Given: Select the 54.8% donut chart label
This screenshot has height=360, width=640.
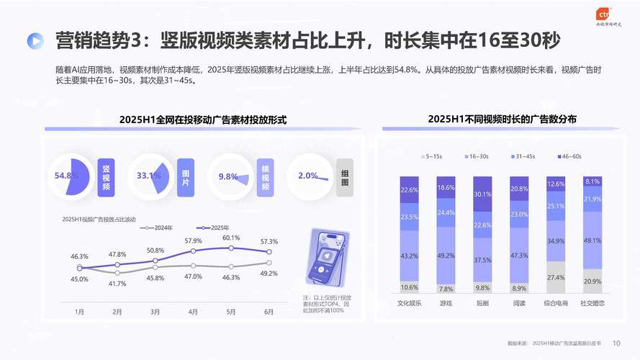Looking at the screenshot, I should click(66, 176).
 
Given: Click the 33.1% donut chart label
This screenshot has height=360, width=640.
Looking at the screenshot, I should click(148, 176).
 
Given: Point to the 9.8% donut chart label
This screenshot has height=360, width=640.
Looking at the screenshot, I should click(228, 176).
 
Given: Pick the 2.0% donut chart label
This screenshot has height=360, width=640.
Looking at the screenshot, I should click(307, 176).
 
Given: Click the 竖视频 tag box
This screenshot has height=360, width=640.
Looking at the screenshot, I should click(106, 177).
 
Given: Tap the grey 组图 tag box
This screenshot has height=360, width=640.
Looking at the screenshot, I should click(345, 177).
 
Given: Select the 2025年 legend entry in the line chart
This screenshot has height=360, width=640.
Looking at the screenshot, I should click(214, 228).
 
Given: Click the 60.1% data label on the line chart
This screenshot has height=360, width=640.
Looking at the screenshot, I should click(231, 238).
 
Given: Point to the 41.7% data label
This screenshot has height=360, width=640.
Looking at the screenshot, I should click(117, 284).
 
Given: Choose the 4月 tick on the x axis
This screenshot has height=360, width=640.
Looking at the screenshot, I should click(193, 312).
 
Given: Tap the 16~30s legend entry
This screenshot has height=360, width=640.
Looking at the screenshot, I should click(477, 156).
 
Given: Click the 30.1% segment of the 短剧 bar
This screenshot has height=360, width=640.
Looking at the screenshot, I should click(483, 195).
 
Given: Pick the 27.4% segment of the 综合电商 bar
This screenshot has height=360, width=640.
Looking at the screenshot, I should click(556, 277).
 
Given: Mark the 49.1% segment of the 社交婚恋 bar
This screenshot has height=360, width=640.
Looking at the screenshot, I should click(592, 240).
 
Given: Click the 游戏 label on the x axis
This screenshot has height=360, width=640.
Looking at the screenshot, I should click(446, 303).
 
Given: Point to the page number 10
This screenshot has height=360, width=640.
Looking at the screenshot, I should click(616, 343).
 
